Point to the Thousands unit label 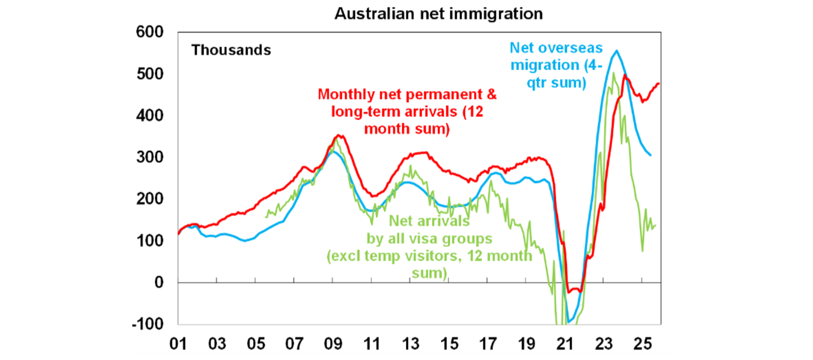231,50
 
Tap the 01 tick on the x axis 178,344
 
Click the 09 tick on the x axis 332,344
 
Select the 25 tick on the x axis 642,344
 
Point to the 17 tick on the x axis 487,344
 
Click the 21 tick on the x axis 564,344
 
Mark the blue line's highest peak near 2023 616,51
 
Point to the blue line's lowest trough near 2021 570,322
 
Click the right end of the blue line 651,155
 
